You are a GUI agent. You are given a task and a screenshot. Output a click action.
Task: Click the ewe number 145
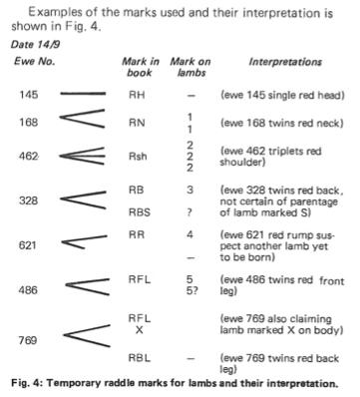click(29, 95)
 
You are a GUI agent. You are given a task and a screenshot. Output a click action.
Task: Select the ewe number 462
click(28, 156)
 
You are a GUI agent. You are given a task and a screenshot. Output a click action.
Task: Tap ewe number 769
click(28, 340)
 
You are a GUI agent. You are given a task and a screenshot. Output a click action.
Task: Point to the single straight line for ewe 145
click(83, 94)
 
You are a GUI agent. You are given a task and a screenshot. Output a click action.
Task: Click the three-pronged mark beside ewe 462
click(82, 156)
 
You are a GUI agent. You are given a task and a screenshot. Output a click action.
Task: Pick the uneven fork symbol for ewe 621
click(85, 242)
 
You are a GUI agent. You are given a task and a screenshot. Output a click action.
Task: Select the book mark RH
click(137, 95)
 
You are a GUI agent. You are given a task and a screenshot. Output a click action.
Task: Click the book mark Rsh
click(138, 156)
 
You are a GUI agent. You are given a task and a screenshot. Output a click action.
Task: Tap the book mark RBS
click(140, 212)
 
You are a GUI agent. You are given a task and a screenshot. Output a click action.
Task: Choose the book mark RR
click(137, 234)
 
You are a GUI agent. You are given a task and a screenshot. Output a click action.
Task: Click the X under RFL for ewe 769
click(140, 330)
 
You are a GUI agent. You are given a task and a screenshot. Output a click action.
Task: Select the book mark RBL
click(140, 358)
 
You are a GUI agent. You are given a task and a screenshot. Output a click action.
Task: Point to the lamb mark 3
click(189, 190)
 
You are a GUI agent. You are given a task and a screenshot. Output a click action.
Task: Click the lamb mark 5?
click(192, 291)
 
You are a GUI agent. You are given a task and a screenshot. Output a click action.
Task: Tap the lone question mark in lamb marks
click(189, 212)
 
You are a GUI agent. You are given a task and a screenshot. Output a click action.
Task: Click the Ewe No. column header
click(34, 62)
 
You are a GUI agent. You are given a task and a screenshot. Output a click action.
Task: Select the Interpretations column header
click(285, 62)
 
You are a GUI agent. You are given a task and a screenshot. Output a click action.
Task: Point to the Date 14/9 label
click(35, 44)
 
